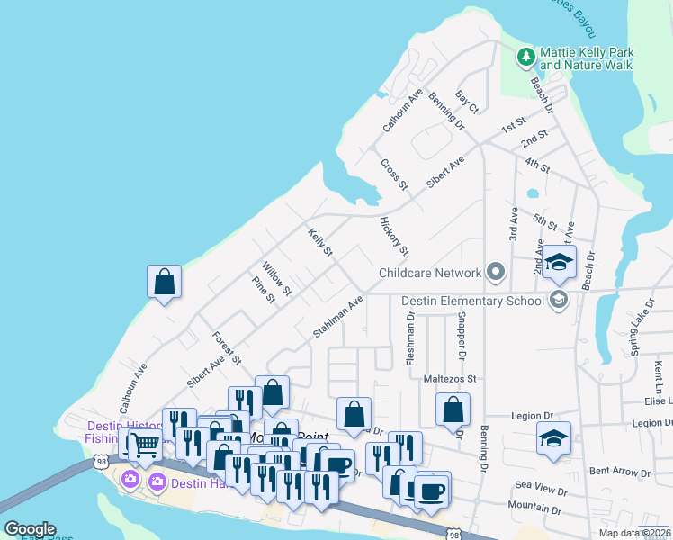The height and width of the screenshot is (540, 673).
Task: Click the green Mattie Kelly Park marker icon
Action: (x=526, y=58)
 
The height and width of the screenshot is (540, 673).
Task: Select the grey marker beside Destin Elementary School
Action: (x=559, y=301)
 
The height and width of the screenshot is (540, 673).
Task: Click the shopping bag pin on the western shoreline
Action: (x=165, y=282)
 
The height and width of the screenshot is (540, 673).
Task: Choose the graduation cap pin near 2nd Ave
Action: (x=559, y=263)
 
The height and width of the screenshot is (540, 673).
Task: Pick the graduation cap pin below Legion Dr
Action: (x=553, y=438)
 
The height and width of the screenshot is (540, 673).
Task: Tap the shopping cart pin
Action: (x=144, y=443)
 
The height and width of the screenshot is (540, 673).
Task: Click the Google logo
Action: (x=29, y=528)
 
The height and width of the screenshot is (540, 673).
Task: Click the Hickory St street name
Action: (x=394, y=236)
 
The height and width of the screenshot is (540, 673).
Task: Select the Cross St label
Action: (x=394, y=175)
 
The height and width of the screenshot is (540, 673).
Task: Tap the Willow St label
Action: (x=276, y=279)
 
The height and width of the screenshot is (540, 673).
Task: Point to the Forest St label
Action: (x=227, y=347)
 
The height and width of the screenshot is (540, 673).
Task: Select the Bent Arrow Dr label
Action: (x=619, y=472)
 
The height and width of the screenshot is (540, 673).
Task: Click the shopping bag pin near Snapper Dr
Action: (x=453, y=409)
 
